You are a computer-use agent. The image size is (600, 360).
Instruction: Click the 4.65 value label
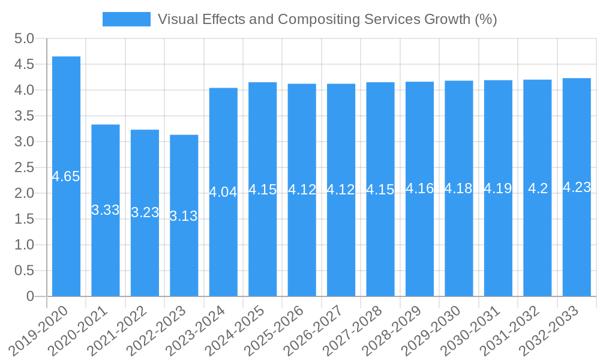66,176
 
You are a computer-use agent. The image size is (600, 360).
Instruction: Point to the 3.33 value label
106,210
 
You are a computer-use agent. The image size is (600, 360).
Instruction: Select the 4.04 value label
223,192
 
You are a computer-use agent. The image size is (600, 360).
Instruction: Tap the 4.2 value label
538,188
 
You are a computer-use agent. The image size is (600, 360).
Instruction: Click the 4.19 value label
498,188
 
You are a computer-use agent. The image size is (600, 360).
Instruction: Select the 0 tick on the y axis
30,296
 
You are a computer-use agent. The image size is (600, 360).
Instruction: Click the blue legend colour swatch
127,19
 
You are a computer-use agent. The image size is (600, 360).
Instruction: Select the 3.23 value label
145,212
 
